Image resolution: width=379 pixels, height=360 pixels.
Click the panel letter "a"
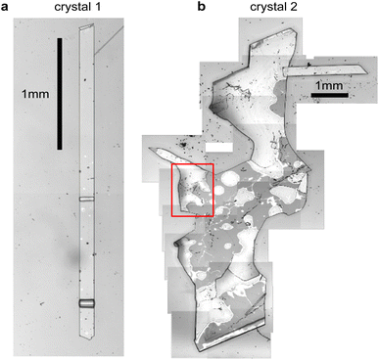tap(7, 8)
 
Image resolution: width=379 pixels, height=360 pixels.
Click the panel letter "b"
tap(202, 8)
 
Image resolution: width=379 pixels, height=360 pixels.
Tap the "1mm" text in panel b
tap(332, 84)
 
